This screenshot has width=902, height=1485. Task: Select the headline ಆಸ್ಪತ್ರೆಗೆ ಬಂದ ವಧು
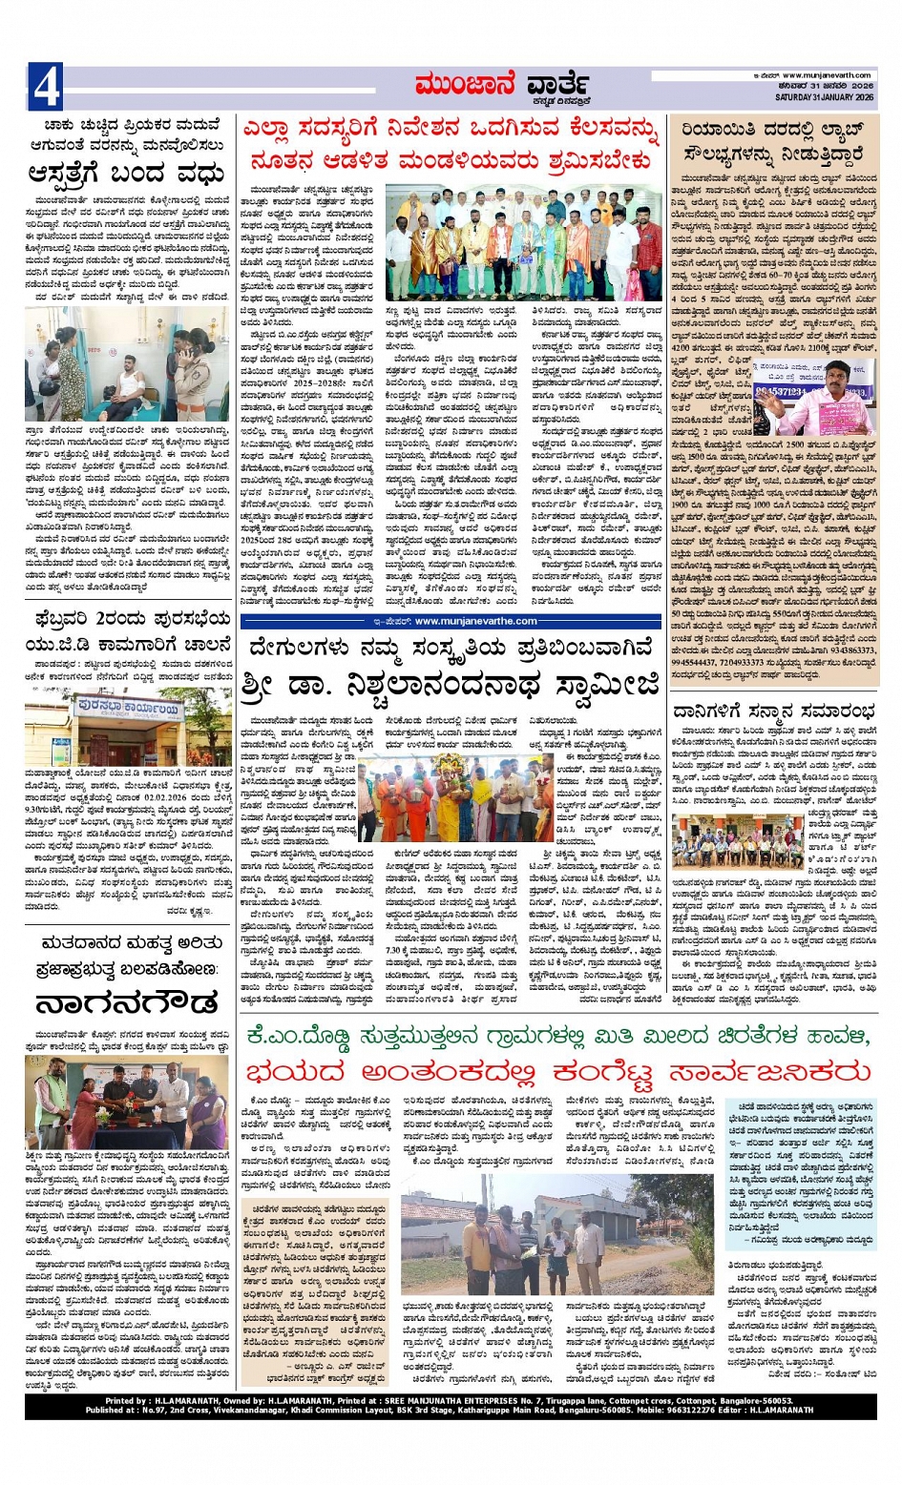point(127,175)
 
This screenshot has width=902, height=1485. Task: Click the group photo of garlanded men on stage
point(523,242)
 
